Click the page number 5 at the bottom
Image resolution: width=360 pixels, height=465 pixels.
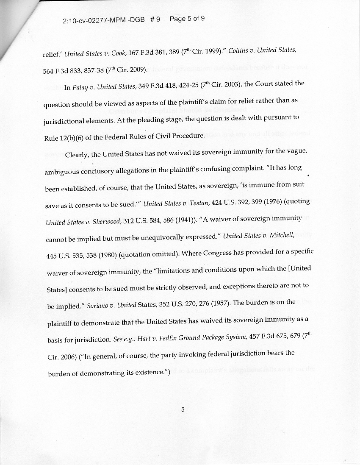click(x=183, y=409)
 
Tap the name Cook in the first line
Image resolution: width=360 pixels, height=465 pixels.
click(x=118, y=53)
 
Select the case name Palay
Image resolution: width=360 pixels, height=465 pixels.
click(x=80, y=88)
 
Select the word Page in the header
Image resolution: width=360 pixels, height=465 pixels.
click(x=177, y=19)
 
